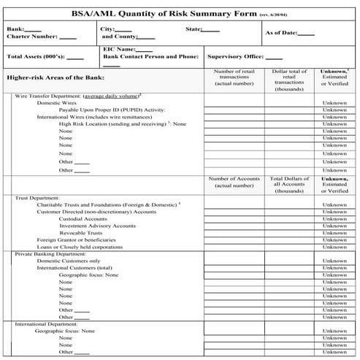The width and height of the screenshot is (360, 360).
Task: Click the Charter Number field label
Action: pyautogui.click(x=31, y=37)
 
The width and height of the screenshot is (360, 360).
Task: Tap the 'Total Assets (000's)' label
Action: pyautogui.click(x=35, y=56)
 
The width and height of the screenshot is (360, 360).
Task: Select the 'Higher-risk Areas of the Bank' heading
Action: pyautogui.click(x=55, y=77)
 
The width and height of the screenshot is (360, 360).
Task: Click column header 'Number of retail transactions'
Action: pyautogui.click(x=233, y=77)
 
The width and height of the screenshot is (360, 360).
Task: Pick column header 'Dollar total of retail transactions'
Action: pyautogui.click(x=289, y=77)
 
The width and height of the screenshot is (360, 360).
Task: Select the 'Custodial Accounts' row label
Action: pyautogui.click(x=83, y=219)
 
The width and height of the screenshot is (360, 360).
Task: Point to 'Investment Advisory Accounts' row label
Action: pyautogui.click(x=97, y=226)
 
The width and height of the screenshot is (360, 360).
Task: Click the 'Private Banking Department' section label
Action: pyautogui.click(x=49, y=253)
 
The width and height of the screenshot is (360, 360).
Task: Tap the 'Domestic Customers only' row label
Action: pyautogui.click(x=69, y=261)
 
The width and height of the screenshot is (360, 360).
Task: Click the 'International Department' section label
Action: pyautogui.click(x=49, y=323)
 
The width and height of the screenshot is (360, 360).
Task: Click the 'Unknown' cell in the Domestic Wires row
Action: pyautogui.click(x=334, y=103)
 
